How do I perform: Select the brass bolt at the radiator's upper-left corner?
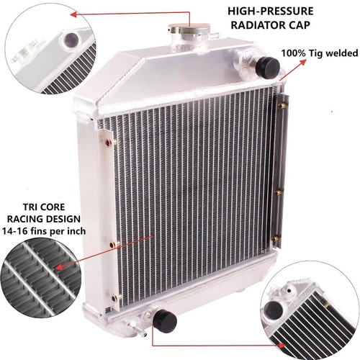(x=108, y=142)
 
